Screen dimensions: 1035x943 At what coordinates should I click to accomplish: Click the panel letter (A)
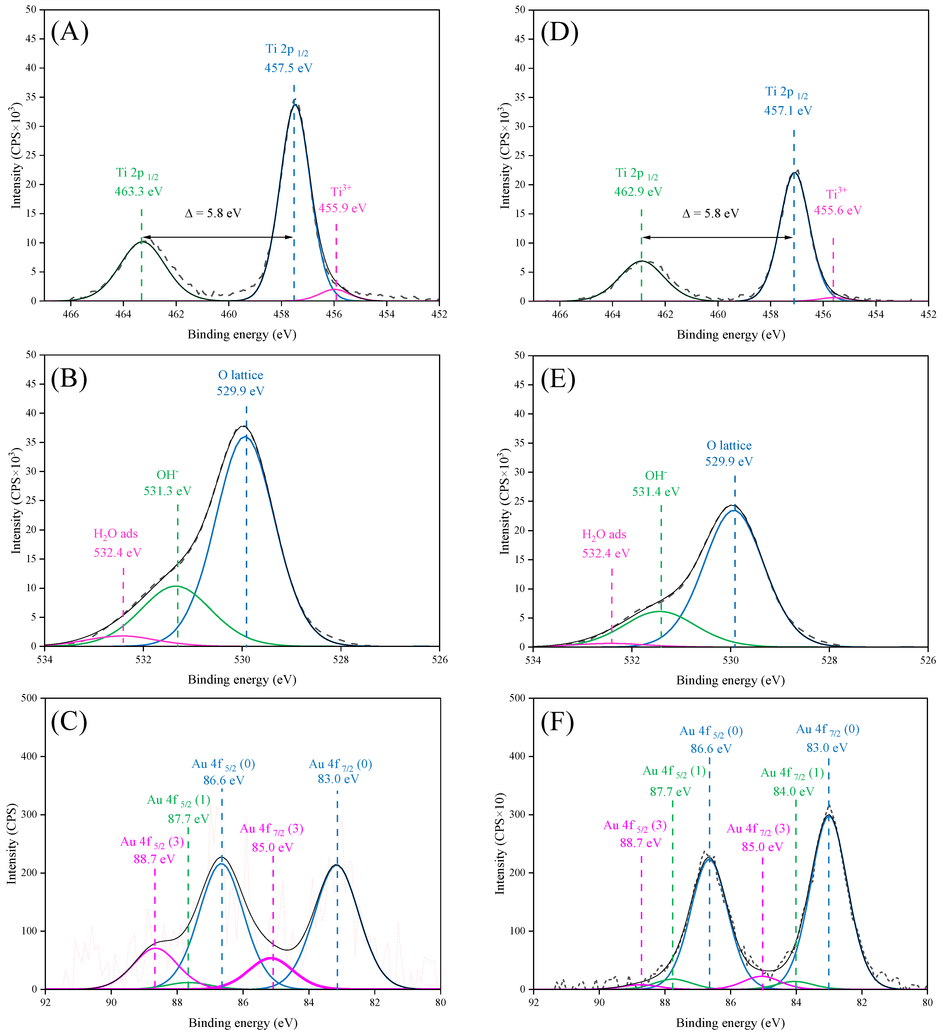70,32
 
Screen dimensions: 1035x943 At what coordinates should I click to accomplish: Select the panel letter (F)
558,723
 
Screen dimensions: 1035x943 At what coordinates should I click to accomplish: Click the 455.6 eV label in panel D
838,211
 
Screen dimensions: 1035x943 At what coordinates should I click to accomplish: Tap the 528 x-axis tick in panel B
341,660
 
